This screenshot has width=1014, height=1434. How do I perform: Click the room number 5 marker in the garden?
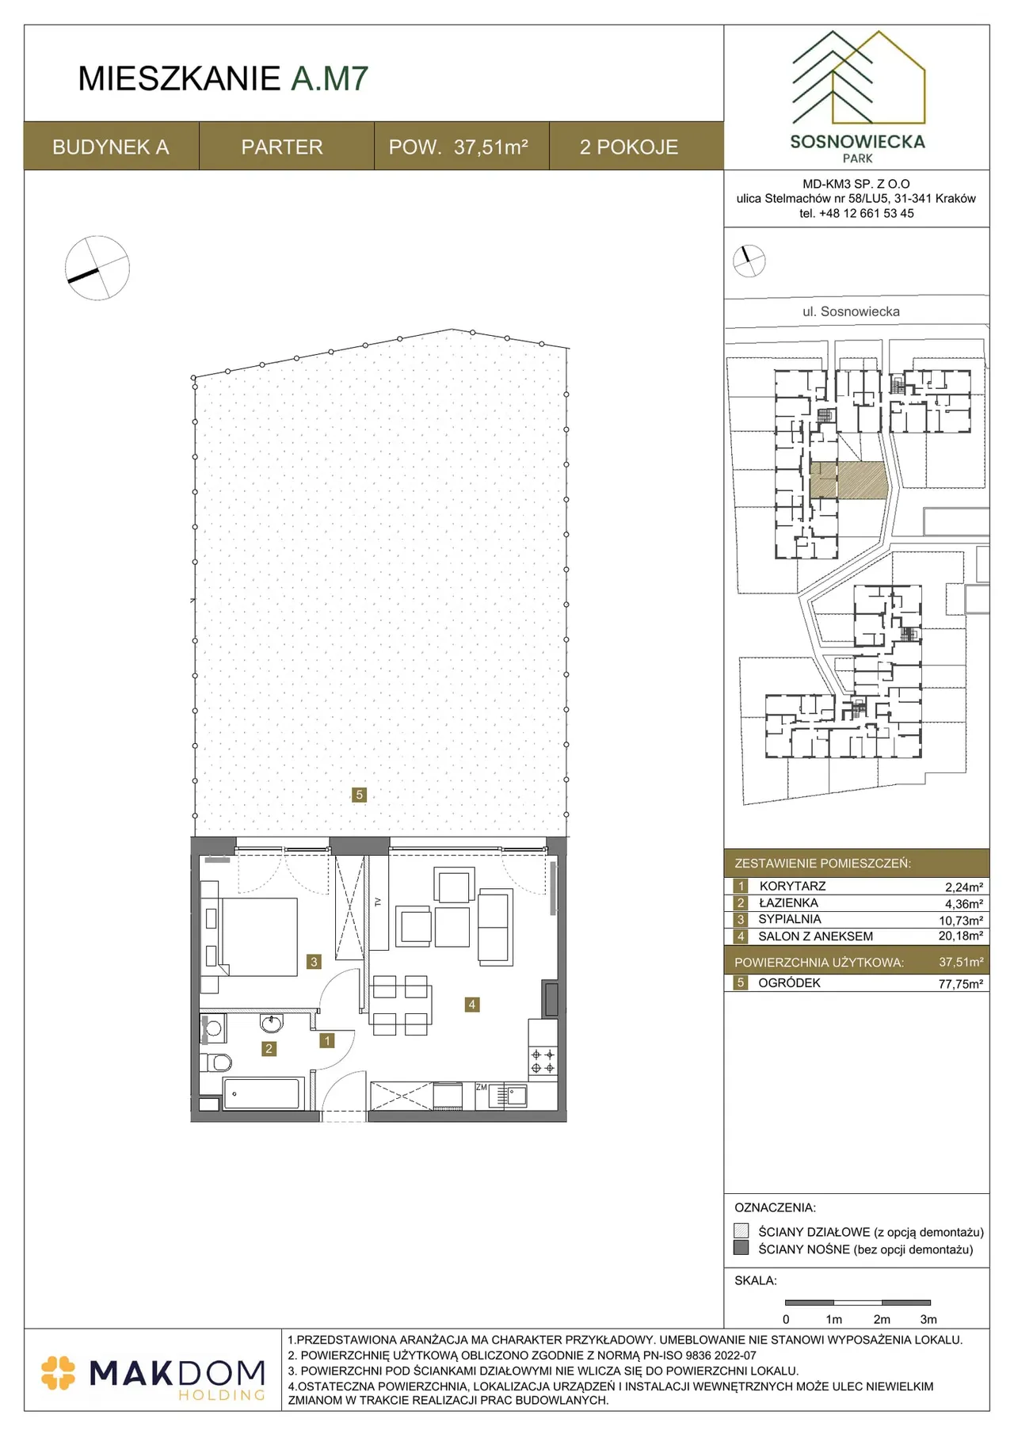coord(359,795)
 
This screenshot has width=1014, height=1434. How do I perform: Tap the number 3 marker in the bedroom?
coord(314,962)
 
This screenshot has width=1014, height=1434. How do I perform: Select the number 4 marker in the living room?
coord(472,1005)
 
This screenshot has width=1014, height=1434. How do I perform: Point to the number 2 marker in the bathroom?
coord(269,1049)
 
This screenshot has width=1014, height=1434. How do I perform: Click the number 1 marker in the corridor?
coord(327,1041)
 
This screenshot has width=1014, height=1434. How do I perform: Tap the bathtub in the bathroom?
coord(263,1094)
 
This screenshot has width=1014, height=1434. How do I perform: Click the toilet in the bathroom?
coord(215,1062)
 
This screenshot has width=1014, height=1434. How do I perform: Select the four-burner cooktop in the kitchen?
coord(543,1062)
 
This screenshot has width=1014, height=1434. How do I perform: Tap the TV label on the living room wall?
coord(378,902)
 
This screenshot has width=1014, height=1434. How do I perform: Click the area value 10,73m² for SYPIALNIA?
coord(961,921)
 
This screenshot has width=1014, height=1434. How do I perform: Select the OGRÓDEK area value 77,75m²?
coord(961,984)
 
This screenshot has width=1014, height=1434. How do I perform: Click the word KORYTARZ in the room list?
coord(792,887)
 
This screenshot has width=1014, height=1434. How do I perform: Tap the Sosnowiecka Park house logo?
coord(859,78)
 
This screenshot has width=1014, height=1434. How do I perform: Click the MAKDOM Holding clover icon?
coord(58,1373)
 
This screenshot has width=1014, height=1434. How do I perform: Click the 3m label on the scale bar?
coord(928,1319)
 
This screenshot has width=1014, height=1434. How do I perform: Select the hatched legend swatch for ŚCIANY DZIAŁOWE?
coord(741,1231)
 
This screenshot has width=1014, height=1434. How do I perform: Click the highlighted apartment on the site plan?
coord(848,480)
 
